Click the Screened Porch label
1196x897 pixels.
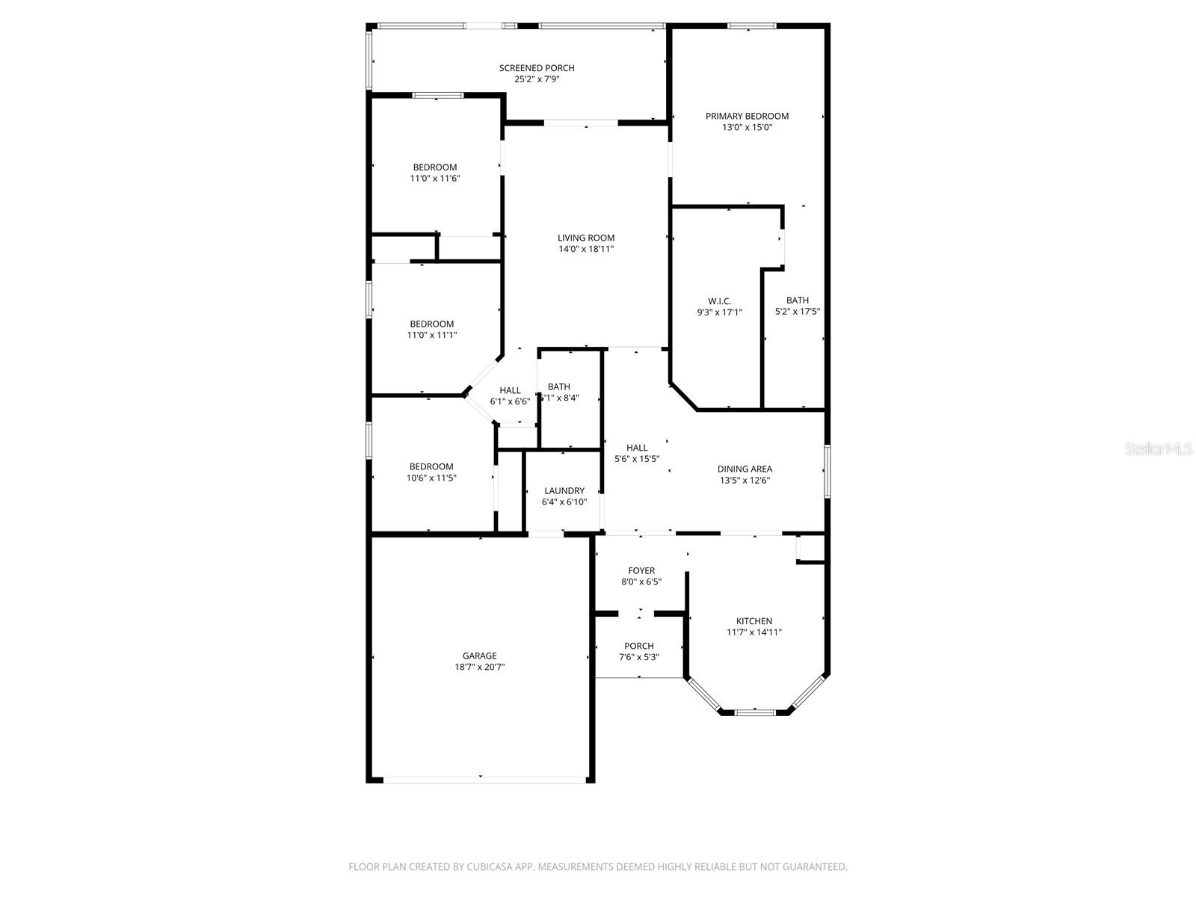[537, 68]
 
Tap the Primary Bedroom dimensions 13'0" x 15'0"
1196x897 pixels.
[747, 128]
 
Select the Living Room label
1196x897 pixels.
[586, 238]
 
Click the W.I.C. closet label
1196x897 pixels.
[719, 301]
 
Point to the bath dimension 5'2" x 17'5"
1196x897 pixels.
[798, 312]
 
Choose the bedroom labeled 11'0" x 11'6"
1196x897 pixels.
[434, 173]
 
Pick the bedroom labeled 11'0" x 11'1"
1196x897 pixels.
[431, 330]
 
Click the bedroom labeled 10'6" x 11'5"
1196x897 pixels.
[431, 472]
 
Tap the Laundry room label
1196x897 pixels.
[564, 491]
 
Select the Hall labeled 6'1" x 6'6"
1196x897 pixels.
[510, 395]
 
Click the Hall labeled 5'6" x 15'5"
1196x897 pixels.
[637, 453]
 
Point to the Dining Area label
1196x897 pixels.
[745, 469]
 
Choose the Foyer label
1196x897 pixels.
[641, 570]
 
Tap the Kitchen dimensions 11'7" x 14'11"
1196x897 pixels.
[754, 632]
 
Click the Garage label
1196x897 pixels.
[479, 656]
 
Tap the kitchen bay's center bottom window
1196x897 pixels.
[755, 712]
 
